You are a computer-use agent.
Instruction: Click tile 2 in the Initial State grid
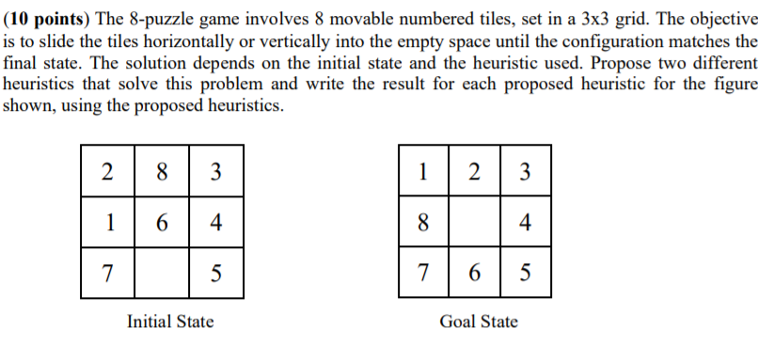pyautogui.click(x=109, y=172)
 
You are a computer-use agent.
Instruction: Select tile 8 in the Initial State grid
pyautogui.click(x=163, y=172)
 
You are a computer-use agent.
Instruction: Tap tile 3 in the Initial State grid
pyautogui.click(x=216, y=172)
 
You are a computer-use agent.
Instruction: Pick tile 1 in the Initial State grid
pyautogui.click(x=109, y=224)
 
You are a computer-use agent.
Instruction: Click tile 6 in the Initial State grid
pyautogui.click(x=163, y=224)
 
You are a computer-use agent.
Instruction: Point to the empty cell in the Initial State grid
pyautogui.click(x=163, y=274)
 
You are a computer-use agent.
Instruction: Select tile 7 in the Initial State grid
pyautogui.click(x=109, y=274)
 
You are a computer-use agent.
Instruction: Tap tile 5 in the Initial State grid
pyautogui.click(x=216, y=274)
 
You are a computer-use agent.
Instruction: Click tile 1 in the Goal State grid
pyautogui.click(x=424, y=172)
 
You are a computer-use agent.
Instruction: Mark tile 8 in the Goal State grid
pyautogui.click(x=424, y=224)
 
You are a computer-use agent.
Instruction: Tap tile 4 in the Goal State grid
pyautogui.click(x=526, y=224)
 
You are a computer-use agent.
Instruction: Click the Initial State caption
pyautogui.click(x=170, y=321)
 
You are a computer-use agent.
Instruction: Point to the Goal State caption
pyautogui.click(x=479, y=321)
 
